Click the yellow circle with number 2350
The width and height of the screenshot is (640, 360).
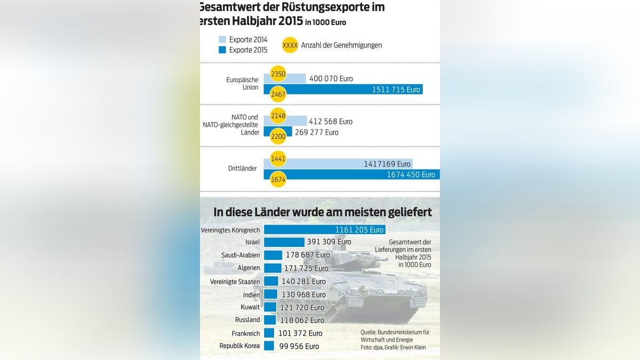pos(278,73)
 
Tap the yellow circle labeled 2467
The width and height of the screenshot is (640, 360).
pos(278,94)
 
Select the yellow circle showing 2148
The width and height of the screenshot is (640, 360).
pos(278,115)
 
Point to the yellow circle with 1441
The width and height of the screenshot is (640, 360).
pos(278,158)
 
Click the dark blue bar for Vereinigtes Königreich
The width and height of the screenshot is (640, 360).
pos(324,230)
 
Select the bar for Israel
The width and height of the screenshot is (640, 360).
pos(284,242)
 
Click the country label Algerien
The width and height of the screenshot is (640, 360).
pos(248,268)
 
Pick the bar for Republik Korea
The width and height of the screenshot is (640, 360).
pos(269,346)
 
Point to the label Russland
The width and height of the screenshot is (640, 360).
pos(247,320)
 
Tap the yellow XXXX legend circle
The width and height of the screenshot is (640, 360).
pos(290,45)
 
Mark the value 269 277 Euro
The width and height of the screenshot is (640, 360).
pos(316,132)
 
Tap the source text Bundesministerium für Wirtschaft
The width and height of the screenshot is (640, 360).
pos(395,335)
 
